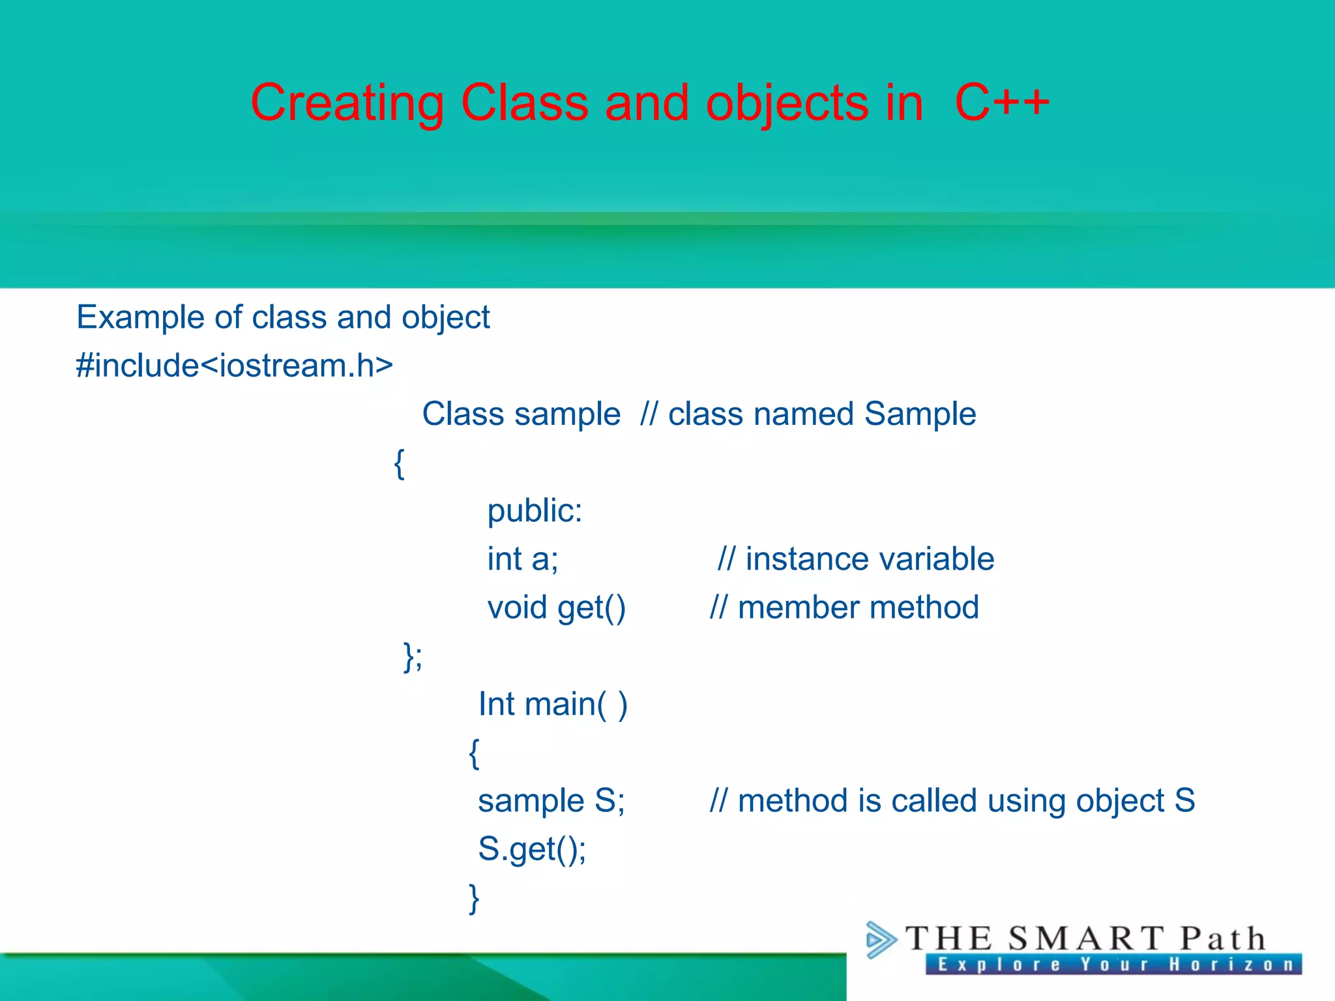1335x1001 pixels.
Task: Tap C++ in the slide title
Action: pos(1002,103)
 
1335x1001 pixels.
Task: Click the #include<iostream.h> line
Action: pos(234,365)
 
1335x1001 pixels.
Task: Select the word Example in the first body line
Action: pos(141,318)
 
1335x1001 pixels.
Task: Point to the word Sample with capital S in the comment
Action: pos(920,414)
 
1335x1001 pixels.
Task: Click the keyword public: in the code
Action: pos(535,510)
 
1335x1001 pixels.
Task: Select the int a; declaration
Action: pos(522,559)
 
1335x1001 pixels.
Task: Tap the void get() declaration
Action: pos(556,608)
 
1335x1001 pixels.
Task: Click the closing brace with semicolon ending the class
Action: pos(413,656)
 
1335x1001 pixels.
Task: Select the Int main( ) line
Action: pos(552,704)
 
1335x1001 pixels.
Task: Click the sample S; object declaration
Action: pos(551,801)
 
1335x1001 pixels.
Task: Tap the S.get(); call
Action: pos(532,849)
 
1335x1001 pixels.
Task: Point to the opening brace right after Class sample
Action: pos(400,463)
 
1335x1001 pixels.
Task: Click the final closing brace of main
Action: pos(474,899)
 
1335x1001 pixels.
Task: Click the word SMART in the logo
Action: pos(1085,939)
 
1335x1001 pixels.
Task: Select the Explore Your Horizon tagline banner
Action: pos(1113,965)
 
